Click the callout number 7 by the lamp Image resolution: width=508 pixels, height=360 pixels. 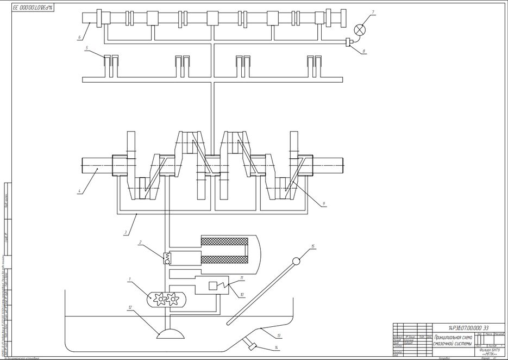click(373, 11)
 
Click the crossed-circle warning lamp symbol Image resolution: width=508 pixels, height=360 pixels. click(359, 29)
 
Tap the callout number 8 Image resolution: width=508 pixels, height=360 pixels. click(365, 51)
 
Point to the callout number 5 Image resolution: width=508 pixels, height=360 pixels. click(87, 48)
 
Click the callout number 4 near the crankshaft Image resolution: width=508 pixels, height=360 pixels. click(79, 191)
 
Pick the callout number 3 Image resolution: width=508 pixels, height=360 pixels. click(126, 232)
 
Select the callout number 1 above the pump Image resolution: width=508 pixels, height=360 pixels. click(130, 280)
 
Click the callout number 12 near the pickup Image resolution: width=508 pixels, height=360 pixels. click(130, 308)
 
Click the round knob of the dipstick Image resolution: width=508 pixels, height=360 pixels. click(296, 261)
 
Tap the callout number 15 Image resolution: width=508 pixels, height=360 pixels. click(313, 246)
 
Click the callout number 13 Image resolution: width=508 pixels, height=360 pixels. click(279, 335)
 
